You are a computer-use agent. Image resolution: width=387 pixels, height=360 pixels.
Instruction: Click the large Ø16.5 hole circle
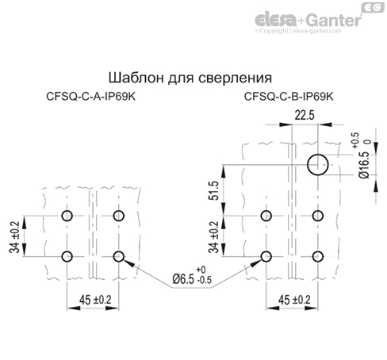(319, 165)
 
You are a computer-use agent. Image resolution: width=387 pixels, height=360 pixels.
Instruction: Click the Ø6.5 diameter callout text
(190, 280)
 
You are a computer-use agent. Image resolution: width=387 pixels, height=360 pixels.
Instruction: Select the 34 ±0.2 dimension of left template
(15, 236)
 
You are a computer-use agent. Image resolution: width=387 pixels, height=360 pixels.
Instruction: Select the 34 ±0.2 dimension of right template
(213, 236)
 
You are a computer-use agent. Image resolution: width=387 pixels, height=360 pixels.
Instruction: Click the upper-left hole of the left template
(67, 216)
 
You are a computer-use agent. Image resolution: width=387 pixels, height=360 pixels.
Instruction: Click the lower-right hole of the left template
(120, 255)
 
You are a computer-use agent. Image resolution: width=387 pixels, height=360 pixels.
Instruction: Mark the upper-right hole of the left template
(120, 216)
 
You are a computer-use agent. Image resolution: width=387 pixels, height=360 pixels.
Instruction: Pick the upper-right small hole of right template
(319, 216)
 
